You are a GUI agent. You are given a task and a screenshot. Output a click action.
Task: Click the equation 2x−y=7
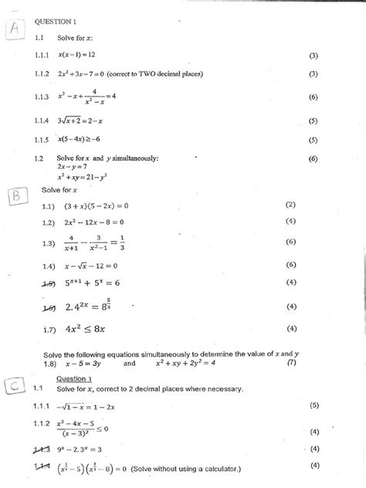point(71,167)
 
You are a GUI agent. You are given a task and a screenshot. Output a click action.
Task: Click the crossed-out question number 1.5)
point(50,283)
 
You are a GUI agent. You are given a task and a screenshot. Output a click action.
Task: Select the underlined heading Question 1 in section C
point(74,379)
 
